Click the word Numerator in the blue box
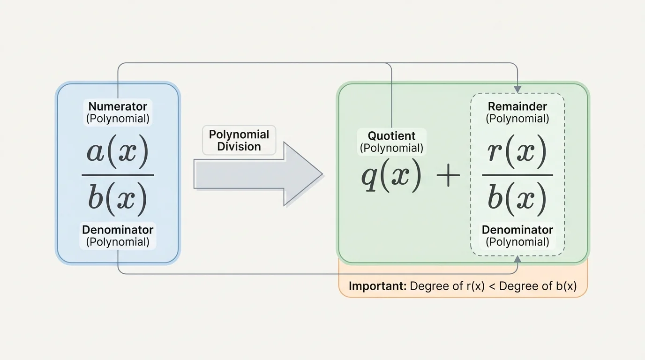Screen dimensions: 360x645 (118, 106)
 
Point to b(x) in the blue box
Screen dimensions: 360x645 (118, 198)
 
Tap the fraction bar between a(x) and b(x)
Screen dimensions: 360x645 (118, 175)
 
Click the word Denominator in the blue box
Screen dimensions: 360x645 (118, 230)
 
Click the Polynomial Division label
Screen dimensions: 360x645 (239, 141)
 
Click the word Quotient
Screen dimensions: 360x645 (391, 136)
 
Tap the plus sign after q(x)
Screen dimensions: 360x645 (448, 178)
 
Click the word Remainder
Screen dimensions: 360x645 (517, 106)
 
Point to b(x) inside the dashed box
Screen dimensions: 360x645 (517, 198)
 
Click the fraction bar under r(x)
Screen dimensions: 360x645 (517, 175)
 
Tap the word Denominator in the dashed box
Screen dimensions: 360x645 (517, 230)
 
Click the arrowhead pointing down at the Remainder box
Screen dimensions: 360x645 (517, 89)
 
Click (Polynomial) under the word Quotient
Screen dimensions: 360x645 (391, 148)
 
